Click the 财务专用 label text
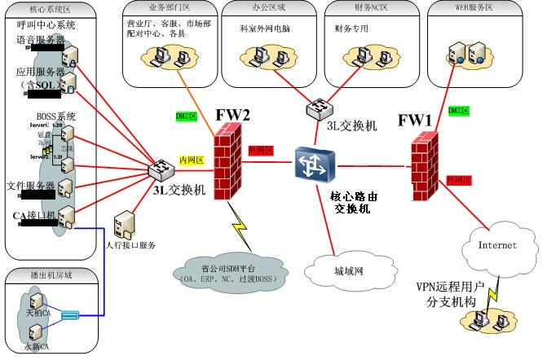tap(352, 28)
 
